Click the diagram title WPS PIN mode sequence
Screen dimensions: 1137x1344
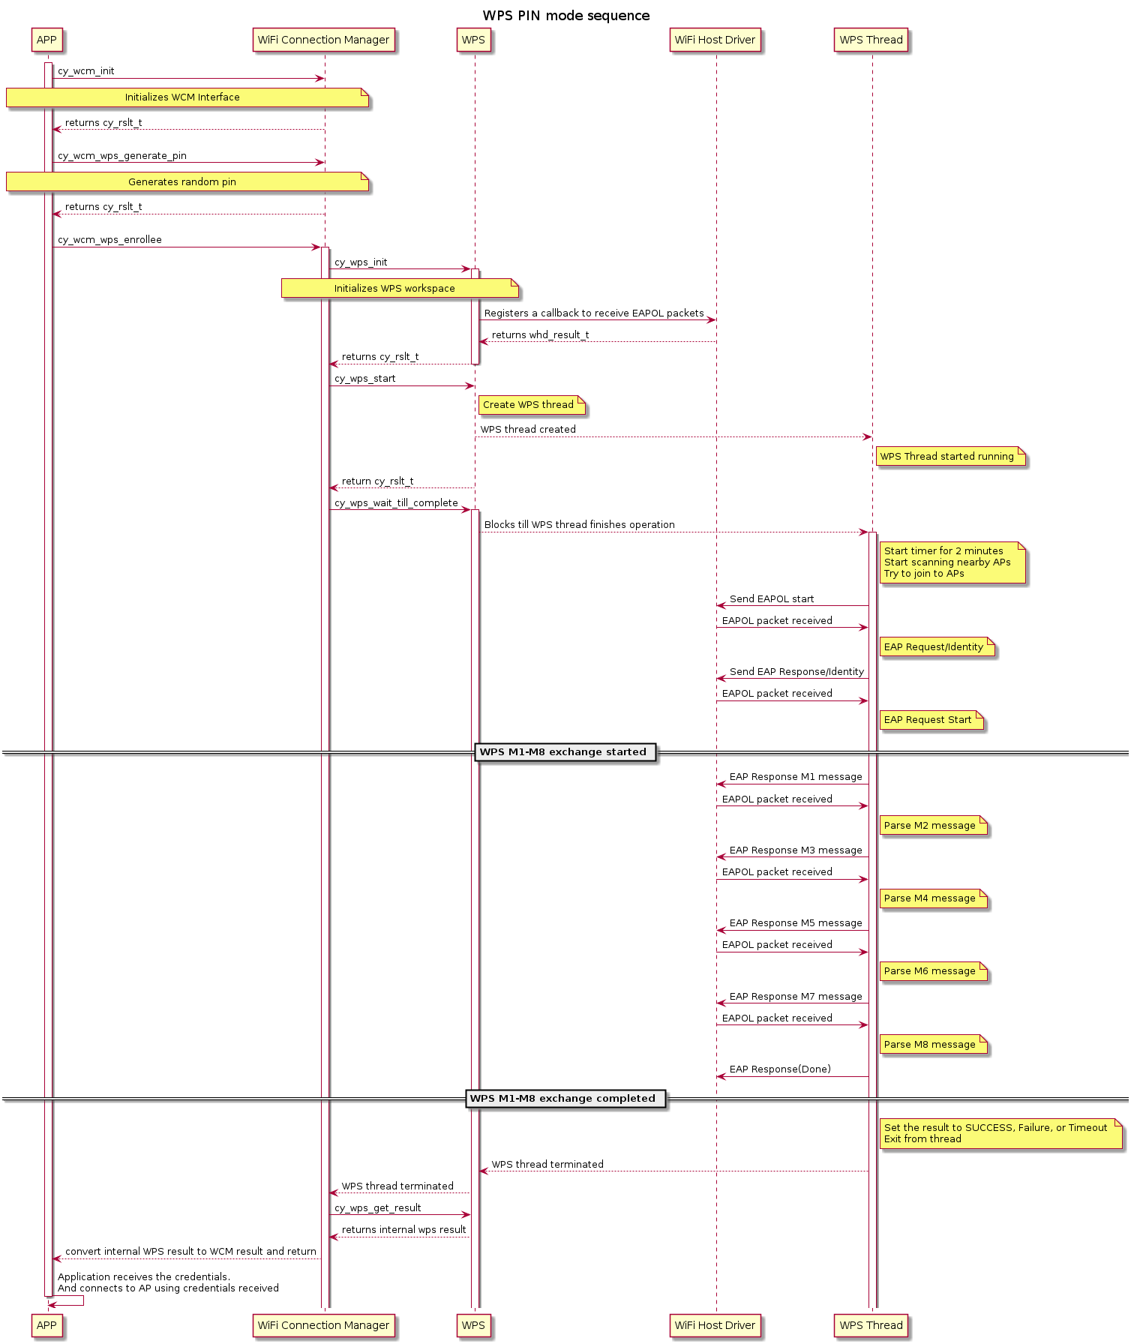(566, 16)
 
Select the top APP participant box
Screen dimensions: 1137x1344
(46, 40)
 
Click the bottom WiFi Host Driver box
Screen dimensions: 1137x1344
(715, 1325)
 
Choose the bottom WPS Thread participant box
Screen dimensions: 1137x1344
(871, 1325)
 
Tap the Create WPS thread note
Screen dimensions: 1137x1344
(531, 405)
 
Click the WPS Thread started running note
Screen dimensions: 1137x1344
(950, 457)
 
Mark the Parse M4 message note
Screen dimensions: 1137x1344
(933, 898)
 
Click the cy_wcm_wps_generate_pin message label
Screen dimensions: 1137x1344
(122, 156)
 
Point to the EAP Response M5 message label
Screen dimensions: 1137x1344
(796, 923)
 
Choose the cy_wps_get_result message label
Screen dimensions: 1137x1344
(378, 1208)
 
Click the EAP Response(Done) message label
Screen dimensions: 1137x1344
(780, 1069)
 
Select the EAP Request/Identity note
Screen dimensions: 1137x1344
(937, 647)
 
